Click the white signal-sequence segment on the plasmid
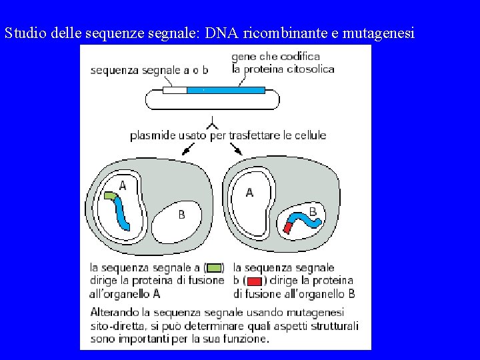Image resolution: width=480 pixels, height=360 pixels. click(x=175, y=89)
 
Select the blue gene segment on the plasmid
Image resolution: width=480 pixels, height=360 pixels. click(x=225, y=89)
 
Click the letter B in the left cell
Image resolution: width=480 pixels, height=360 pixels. click(x=181, y=215)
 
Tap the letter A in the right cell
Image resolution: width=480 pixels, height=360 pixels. click(x=249, y=192)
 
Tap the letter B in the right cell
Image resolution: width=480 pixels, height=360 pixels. click(x=313, y=211)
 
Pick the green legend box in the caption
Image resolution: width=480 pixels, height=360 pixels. click(x=214, y=268)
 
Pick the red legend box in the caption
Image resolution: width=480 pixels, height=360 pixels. click(x=254, y=281)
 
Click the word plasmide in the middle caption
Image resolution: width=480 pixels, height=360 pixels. click(x=153, y=135)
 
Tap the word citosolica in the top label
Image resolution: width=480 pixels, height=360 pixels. click(x=309, y=69)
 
